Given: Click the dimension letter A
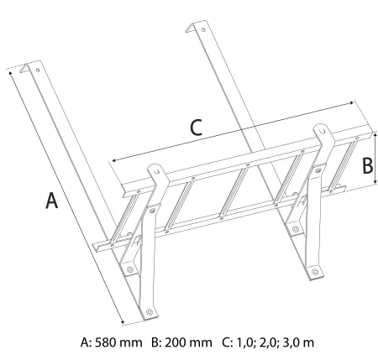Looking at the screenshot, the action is click(x=51, y=201).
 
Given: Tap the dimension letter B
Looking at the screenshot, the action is click(x=367, y=165).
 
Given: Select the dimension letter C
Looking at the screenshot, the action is click(x=196, y=128).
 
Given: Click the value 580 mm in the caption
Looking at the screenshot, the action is click(x=118, y=342).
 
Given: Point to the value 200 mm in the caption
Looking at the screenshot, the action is click(x=188, y=342).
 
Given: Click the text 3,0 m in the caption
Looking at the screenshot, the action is click(x=298, y=342).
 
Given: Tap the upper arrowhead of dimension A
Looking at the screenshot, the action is click(x=11, y=73).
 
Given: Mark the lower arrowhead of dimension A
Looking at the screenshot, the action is click(x=122, y=322).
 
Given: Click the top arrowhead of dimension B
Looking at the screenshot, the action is click(x=375, y=135).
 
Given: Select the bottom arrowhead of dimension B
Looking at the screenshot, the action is click(x=375, y=182).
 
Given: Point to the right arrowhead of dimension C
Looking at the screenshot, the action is click(x=351, y=103).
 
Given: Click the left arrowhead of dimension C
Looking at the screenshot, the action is click(x=115, y=160).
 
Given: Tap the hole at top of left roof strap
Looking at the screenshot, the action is click(x=38, y=70).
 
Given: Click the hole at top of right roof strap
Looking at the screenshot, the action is click(x=203, y=29).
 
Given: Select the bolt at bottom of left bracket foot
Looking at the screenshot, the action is click(x=149, y=311).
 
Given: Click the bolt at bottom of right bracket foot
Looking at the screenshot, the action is click(x=315, y=272).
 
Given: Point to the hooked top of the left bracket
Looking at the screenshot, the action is click(x=157, y=170).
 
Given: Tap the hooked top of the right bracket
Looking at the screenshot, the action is click(x=323, y=131).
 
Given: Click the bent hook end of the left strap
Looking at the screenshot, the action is click(x=24, y=68).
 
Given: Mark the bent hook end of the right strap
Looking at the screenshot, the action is click(x=191, y=28).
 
